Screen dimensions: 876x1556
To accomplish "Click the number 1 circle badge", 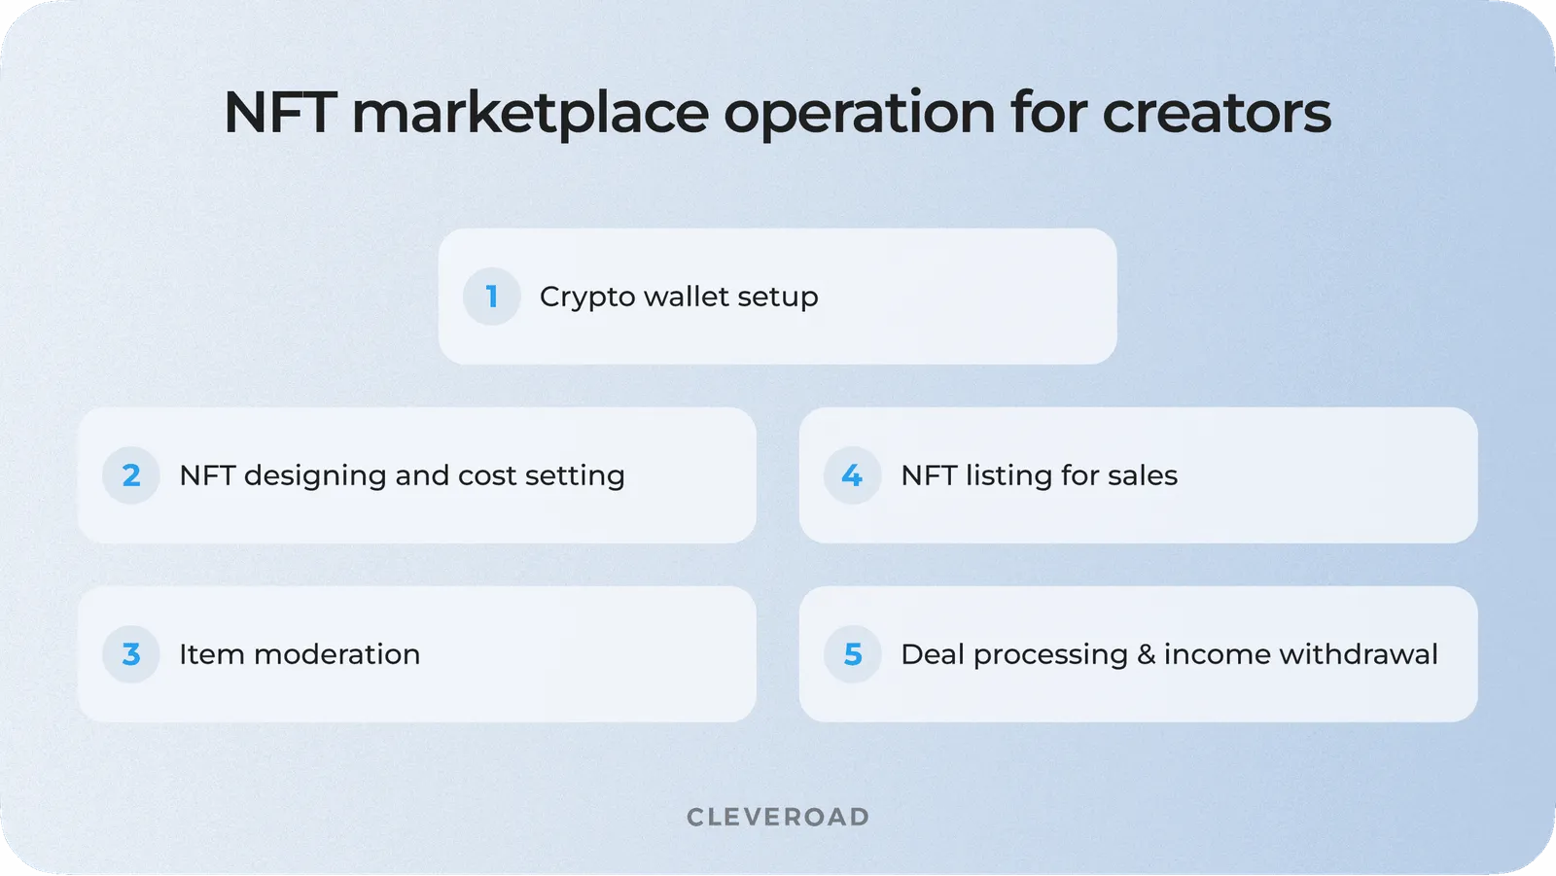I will (x=492, y=297).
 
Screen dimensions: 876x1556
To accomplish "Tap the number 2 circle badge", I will (x=131, y=475).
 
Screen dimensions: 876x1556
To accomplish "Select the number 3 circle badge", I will (x=131, y=654).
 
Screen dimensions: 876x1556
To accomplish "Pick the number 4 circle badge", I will (x=852, y=475).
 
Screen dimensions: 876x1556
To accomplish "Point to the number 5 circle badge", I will (x=852, y=654).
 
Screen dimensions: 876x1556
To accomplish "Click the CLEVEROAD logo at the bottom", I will (x=778, y=817).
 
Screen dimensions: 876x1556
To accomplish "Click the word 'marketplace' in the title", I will (x=530, y=114).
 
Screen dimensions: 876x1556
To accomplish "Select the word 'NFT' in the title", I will (x=280, y=114).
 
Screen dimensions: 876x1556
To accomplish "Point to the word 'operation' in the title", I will (x=859, y=114).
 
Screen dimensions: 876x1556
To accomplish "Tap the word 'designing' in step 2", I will (x=315, y=476).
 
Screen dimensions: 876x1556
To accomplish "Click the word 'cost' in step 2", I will (x=487, y=475).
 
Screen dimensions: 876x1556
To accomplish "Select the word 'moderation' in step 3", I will (x=336, y=654).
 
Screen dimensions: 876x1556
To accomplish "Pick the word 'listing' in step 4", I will (x=1008, y=476).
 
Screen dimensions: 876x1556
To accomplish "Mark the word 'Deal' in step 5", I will (x=932, y=654).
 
